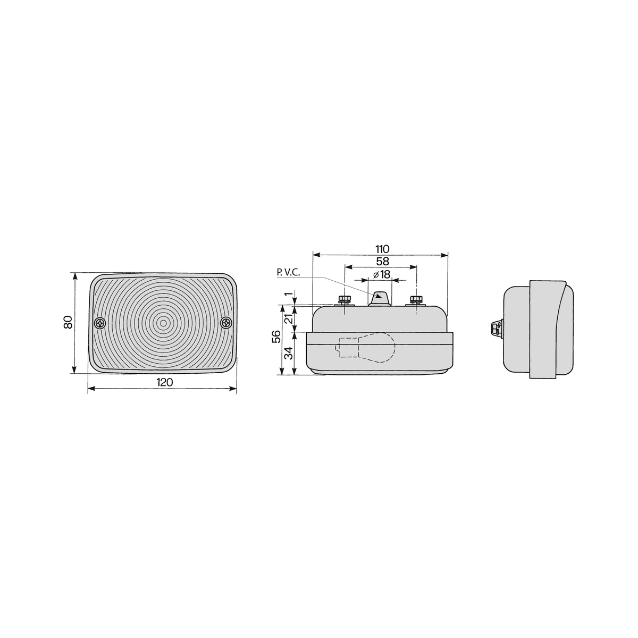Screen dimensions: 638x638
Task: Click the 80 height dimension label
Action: click(x=68, y=322)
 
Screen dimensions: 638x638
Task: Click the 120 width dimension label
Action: click(x=164, y=382)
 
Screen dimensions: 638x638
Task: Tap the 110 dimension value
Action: click(x=382, y=249)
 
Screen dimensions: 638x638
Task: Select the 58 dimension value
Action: click(x=382, y=261)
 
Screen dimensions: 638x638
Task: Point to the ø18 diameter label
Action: click(x=382, y=274)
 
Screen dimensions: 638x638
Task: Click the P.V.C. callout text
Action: click(x=289, y=273)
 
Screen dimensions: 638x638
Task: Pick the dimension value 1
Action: click(x=289, y=294)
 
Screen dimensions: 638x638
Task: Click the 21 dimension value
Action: click(x=289, y=318)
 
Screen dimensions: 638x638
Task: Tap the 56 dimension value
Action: click(x=276, y=337)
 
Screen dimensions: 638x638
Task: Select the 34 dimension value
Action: click(x=289, y=353)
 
